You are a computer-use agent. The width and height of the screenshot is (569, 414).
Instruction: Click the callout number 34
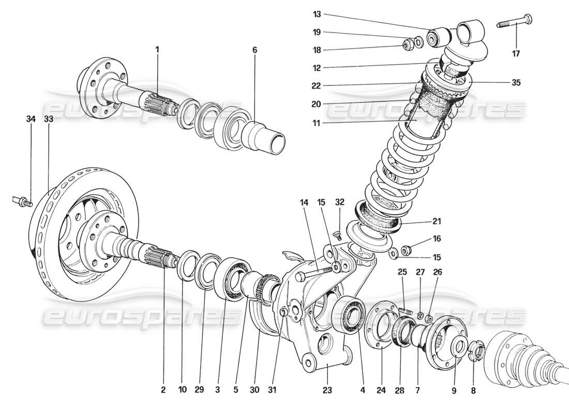(x=31, y=120)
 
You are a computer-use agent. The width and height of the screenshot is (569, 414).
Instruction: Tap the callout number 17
(x=517, y=53)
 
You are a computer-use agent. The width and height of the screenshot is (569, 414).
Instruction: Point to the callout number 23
(x=327, y=390)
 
